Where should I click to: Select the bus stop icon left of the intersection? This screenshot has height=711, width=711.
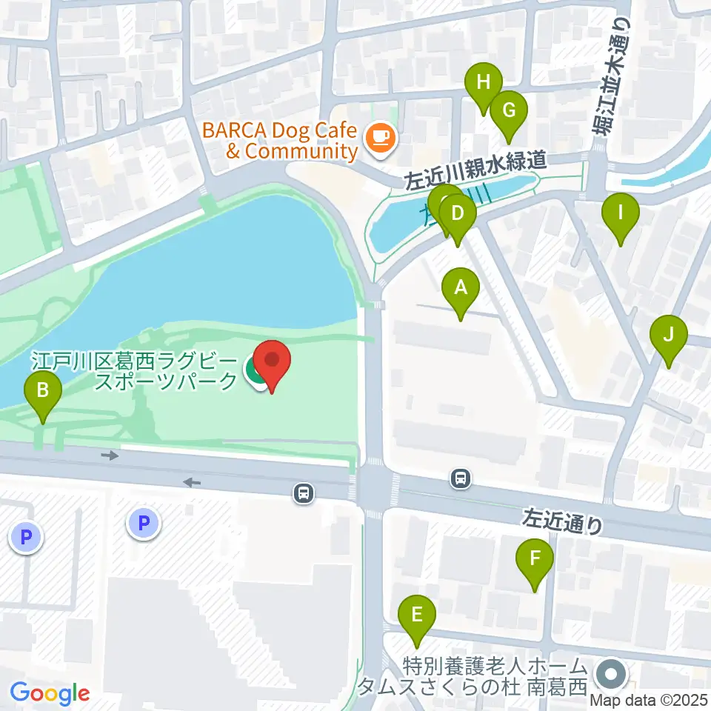(x=302, y=493)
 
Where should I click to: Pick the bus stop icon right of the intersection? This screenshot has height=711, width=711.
(x=461, y=479)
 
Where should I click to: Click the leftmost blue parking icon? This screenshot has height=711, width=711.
(x=27, y=536)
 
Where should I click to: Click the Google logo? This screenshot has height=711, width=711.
(x=50, y=694)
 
